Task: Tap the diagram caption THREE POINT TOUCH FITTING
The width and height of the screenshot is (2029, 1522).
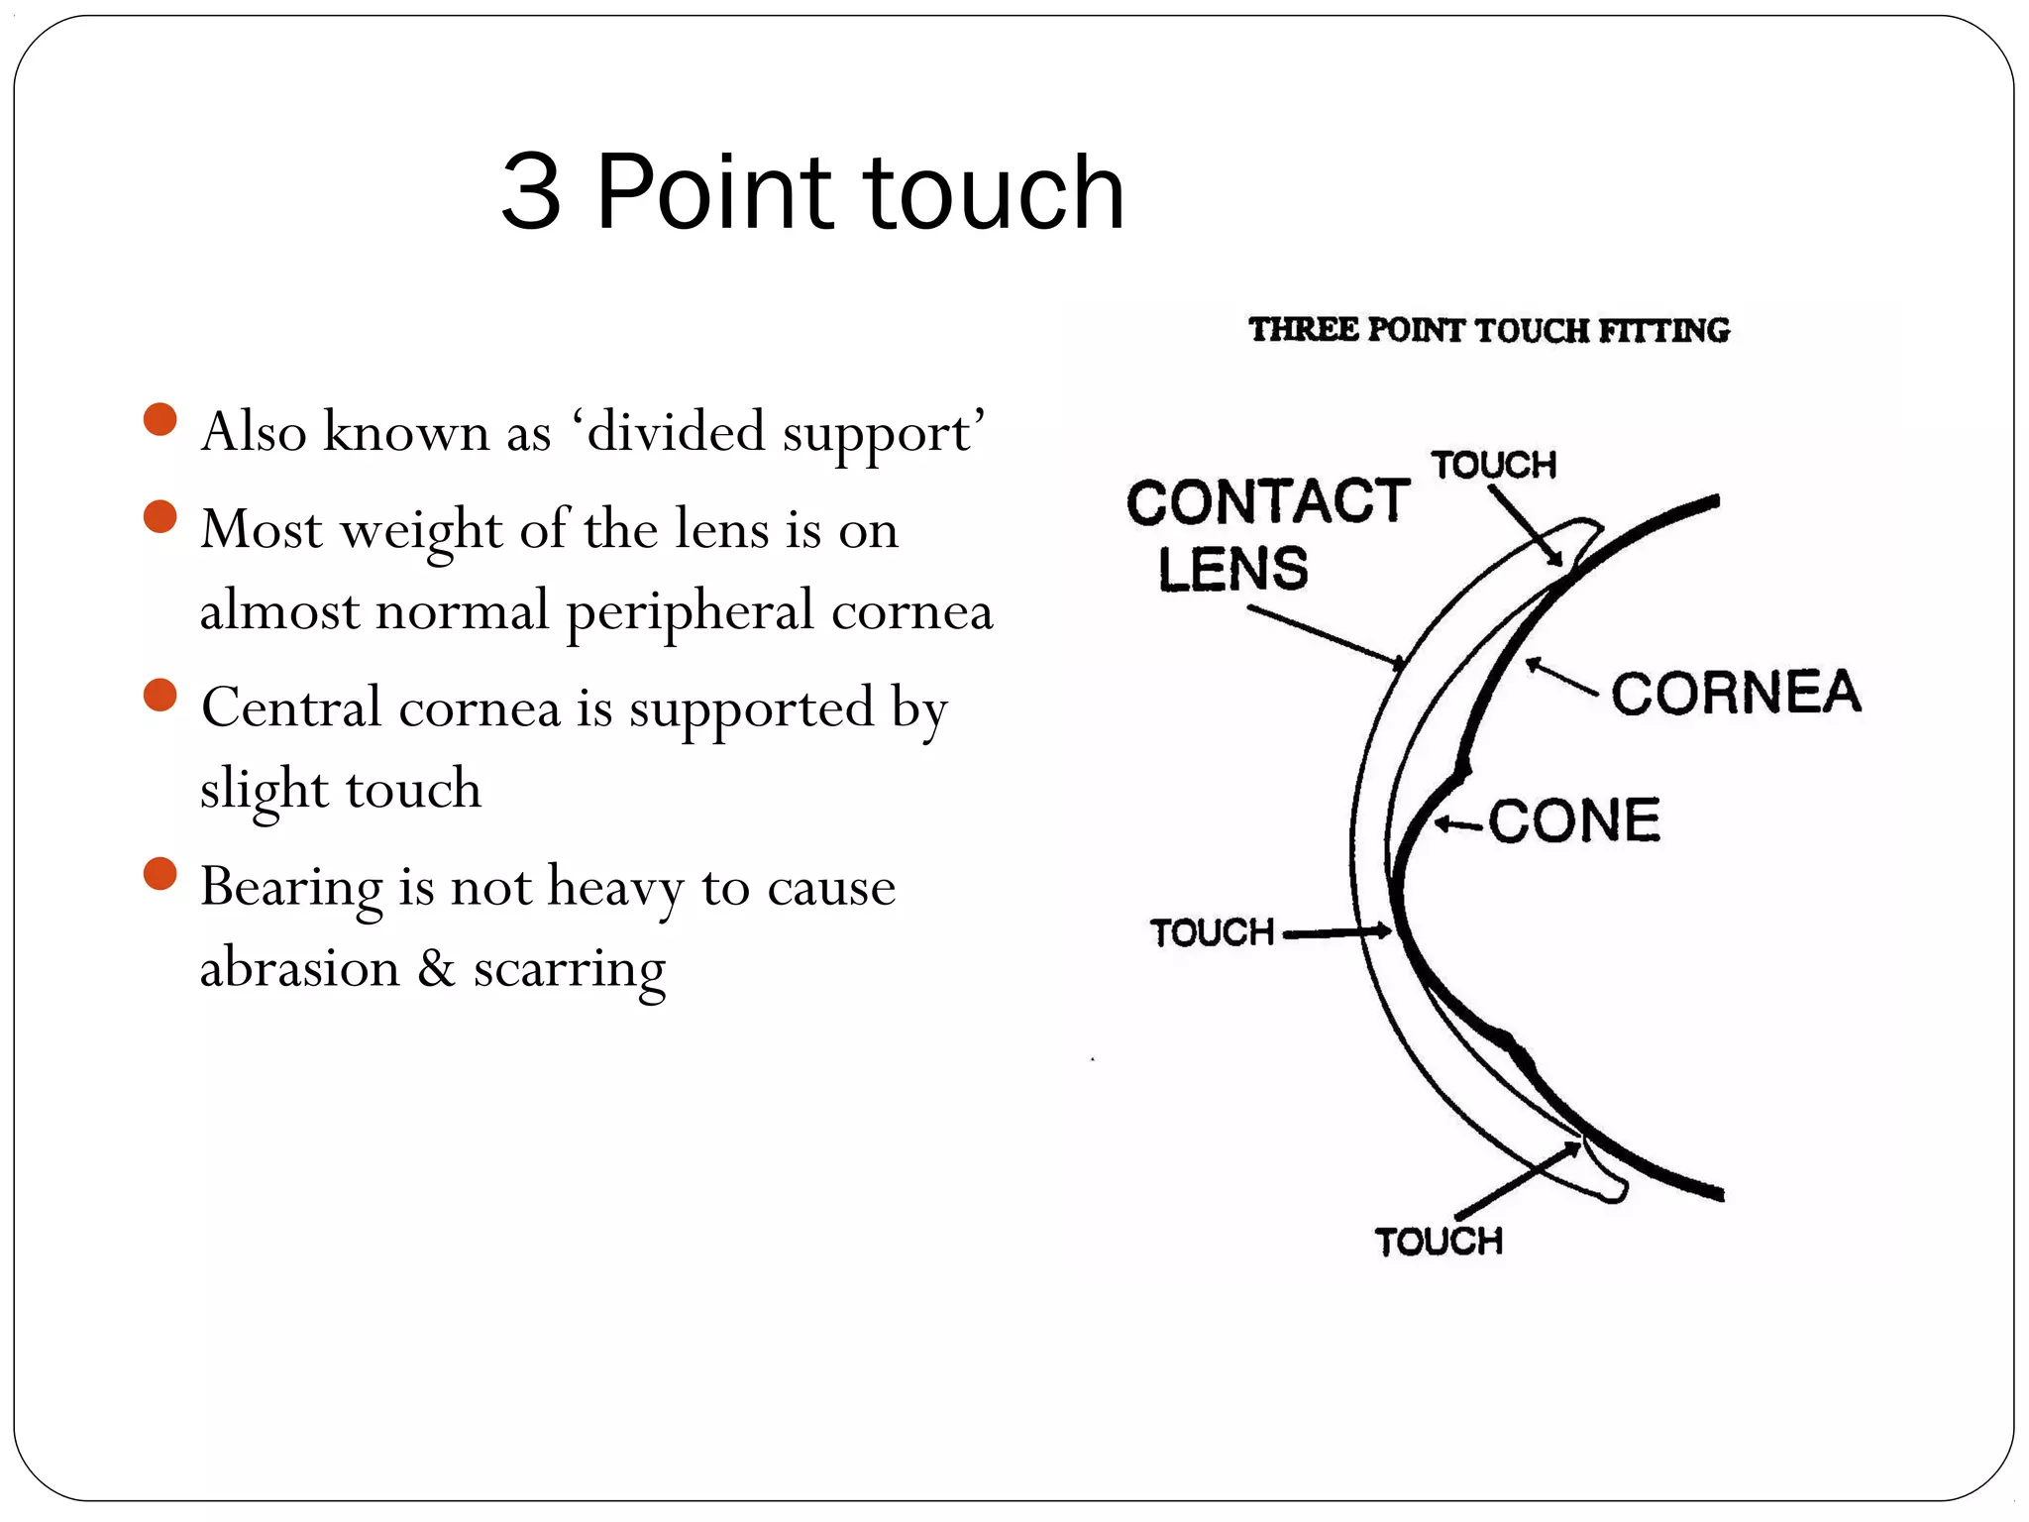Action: point(1488,330)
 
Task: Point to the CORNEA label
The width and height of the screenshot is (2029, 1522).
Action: point(1736,693)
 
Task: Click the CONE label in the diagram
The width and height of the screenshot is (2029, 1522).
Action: point(1574,821)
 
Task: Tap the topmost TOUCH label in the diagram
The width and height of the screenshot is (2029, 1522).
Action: point(1493,465)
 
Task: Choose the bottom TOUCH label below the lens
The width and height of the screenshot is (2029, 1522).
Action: point(1439,1242)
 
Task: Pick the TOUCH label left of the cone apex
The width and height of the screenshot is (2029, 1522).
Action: point(1212,932)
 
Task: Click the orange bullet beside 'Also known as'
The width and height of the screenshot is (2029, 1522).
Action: point(160,419)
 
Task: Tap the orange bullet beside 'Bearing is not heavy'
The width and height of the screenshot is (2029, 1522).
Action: point(160,874)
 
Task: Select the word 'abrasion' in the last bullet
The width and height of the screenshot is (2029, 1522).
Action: point(299,967)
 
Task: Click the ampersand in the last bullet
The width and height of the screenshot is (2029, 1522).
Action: point(436,967)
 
